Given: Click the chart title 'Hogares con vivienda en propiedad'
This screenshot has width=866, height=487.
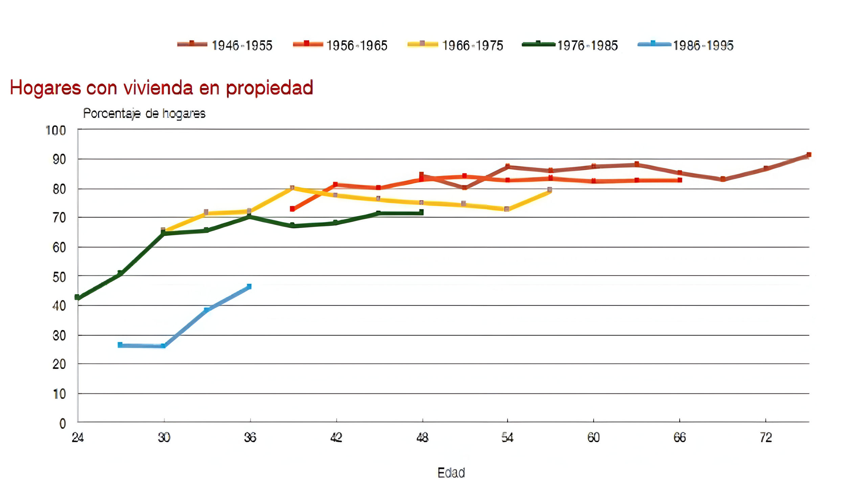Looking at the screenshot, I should (162, 88).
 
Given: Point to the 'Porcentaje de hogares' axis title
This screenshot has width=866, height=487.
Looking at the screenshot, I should (144, 113).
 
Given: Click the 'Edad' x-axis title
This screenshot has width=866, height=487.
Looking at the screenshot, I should (451, 472).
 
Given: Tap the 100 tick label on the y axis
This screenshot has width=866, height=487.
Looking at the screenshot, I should (56, 131).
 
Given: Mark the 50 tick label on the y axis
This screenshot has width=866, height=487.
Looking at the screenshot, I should (59, 277).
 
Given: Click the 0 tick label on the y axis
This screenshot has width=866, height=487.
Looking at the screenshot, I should (63, 423).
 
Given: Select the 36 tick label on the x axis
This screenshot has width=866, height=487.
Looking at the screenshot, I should (250, 438).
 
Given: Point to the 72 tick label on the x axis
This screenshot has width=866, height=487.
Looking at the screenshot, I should (766, 438).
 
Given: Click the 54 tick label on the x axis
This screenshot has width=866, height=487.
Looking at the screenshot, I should (507, 438).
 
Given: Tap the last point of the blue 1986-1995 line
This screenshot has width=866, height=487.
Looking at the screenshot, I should (249, 286).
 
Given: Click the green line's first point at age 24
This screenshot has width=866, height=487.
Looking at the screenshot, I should (77, 297).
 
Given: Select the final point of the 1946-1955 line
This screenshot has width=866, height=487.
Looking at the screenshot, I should (809, 155).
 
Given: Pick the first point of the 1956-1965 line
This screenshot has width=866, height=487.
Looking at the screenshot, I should (292, 209).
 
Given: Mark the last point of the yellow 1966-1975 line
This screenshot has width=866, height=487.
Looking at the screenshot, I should (550, 189).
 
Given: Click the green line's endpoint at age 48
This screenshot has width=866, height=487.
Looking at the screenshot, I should (421, 212).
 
